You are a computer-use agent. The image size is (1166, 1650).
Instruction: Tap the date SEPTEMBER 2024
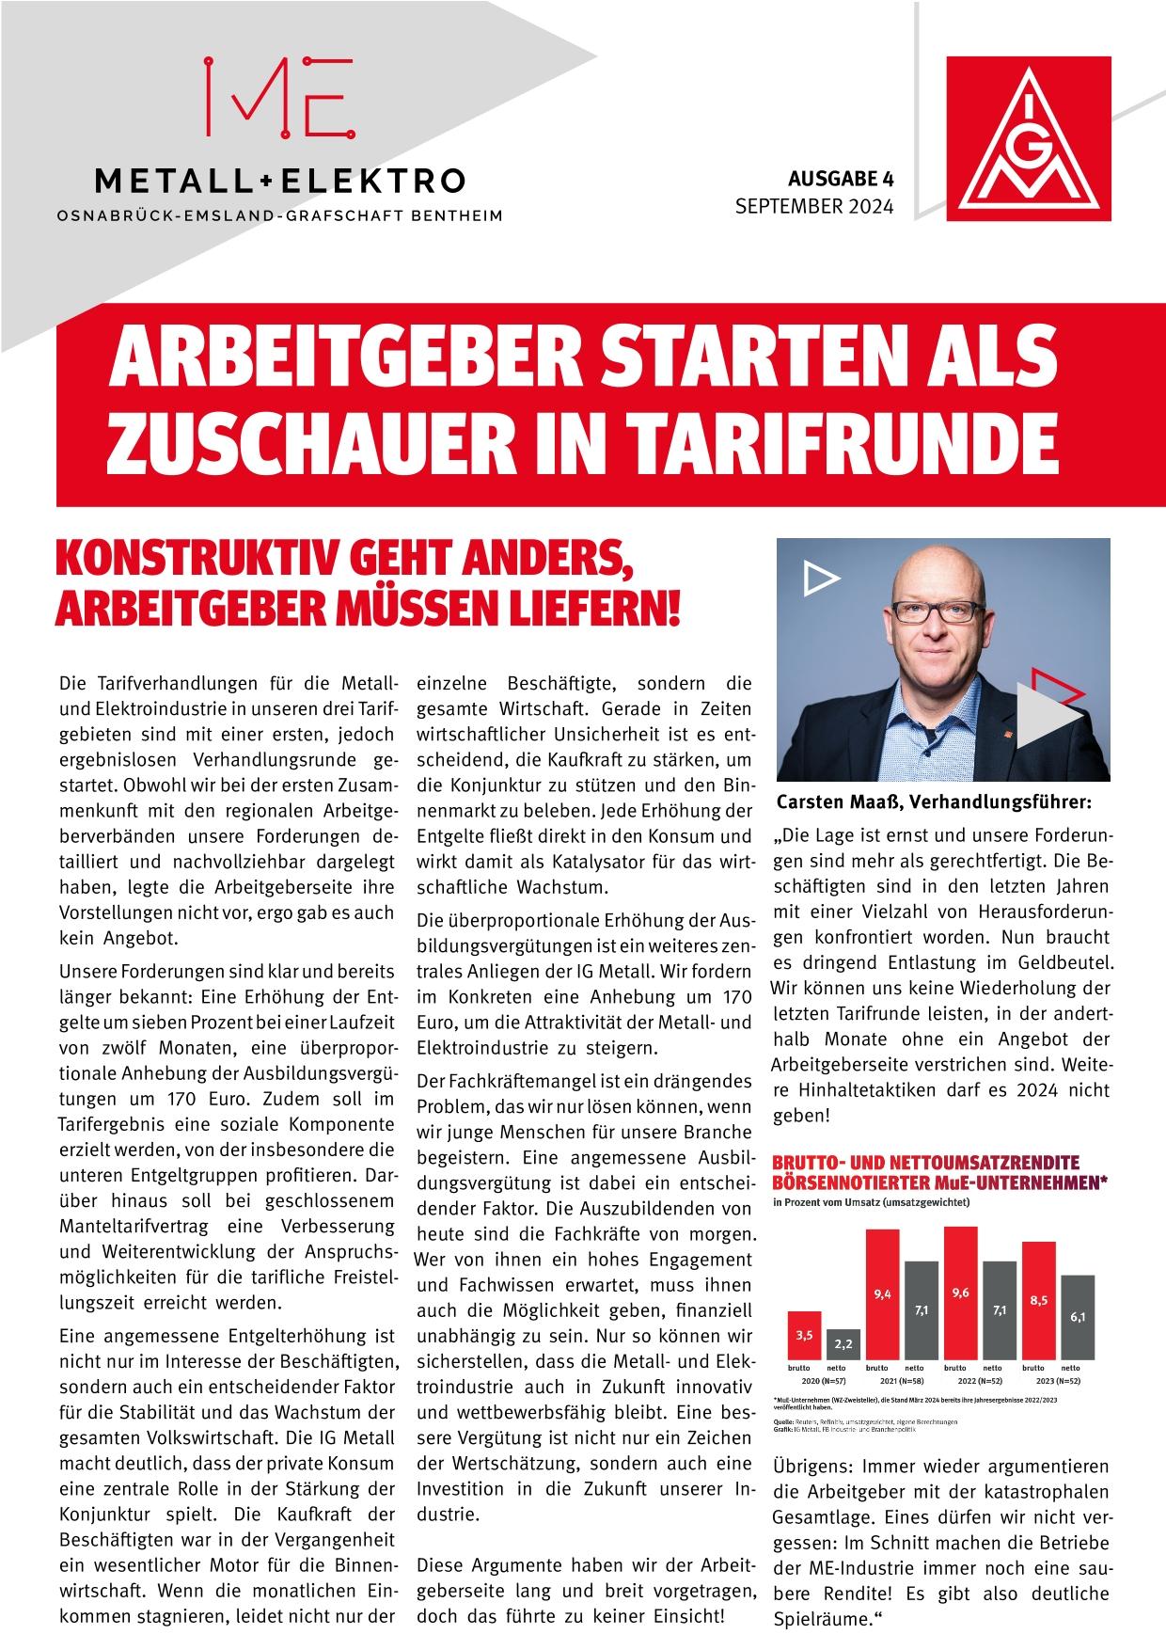pyautogui.click(x=814, y=206)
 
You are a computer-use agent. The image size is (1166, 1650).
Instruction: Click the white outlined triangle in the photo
pyautogui.click(x=821, y=579)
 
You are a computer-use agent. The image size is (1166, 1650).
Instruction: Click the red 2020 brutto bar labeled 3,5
pyautogui.click(x=804, y=1336)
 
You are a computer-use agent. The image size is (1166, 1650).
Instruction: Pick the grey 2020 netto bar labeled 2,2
pyautogui.click(x=843, y=1345)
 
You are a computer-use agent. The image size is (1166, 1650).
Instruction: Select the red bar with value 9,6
pyautogui.click(x=960, y=1293)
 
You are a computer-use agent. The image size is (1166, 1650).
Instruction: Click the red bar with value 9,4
pyautogui.click(x=882, y=1298)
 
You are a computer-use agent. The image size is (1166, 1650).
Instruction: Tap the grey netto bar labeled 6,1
pyautogui.click(x=1078, y=1318)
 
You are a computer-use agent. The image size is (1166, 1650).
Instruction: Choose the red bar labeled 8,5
pyautogui.click(x=1038, y=1302)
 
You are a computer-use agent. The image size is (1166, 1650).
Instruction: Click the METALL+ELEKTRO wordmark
pyautogui.click(x=279, y=179)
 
